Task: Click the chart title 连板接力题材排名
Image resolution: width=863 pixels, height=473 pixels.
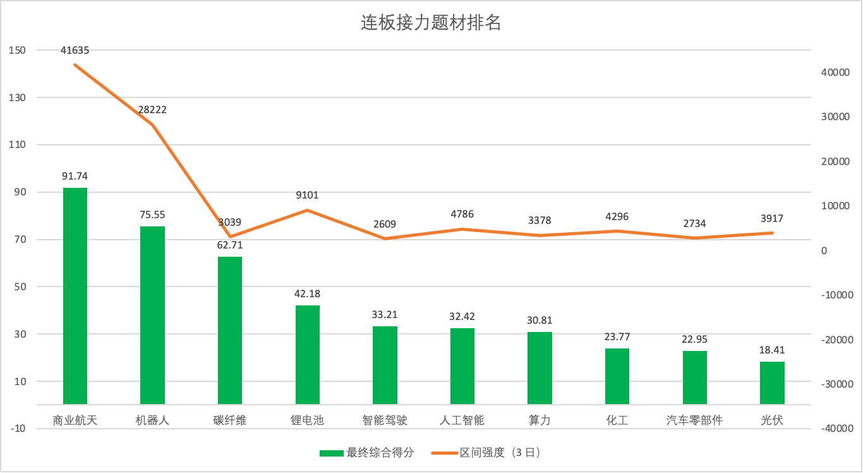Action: point(431,23)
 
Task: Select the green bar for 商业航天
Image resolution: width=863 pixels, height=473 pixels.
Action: point(75,296)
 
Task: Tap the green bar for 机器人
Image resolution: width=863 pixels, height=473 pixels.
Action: point(152,315)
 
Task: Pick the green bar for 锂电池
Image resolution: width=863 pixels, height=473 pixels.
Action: point(308,355)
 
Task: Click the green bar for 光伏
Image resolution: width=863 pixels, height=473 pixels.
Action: point(772,383)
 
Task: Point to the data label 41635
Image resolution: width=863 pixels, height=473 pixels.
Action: point(75,50)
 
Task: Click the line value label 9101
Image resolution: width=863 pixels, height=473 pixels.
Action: point(307,195)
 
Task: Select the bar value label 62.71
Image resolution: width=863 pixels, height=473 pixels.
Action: point(229,245)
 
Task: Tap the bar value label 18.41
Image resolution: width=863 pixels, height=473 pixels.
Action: point(772,350)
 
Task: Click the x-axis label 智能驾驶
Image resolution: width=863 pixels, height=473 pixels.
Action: point(385,420)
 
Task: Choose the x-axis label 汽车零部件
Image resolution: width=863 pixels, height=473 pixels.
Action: point(694,420)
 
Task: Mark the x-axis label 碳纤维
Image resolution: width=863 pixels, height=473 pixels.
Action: point(230,420)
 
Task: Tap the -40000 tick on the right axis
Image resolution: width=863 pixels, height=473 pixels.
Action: point(834,429)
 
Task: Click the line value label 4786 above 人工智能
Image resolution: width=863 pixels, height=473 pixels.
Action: point(462,214)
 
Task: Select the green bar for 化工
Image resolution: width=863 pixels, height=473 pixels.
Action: point(617,376)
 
